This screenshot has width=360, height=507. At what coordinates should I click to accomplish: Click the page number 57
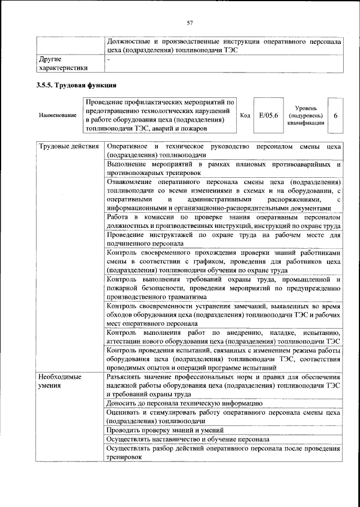point(190,23)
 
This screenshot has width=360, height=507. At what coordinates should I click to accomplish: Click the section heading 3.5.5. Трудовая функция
point(76,86)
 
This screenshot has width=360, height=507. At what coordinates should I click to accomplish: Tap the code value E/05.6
point(265,115)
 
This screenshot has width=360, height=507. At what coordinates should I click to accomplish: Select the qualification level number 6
point(336,115)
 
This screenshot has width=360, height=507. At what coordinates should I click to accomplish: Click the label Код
point(245,115)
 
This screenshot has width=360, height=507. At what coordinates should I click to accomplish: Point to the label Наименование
point(58,115)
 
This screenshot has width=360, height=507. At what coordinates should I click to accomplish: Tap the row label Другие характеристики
point(62,62)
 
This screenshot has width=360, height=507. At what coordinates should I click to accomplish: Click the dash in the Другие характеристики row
point(109,59)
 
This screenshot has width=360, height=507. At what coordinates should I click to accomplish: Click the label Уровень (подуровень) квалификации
point(305,115)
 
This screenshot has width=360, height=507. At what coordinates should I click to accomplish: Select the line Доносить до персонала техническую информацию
point(184,403)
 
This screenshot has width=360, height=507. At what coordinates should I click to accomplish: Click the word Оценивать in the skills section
point(123,412)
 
